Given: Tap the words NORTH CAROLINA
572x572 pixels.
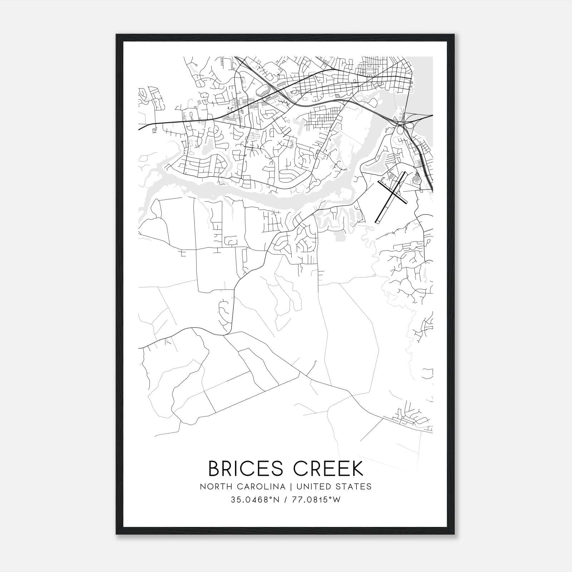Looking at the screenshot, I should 242,487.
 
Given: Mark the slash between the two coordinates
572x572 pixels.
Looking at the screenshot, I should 285,499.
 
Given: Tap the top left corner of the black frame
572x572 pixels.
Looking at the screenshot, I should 117,35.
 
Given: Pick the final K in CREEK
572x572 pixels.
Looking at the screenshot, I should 357,468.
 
